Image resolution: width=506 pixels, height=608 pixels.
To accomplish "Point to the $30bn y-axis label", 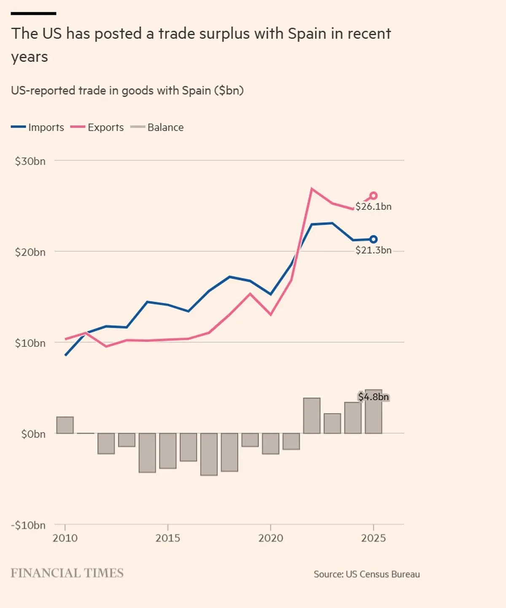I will (x=30, y=161).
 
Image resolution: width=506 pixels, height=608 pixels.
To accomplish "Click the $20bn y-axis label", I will (x=30, y=252).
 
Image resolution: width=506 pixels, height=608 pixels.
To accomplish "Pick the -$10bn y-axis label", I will (x=28, y=525).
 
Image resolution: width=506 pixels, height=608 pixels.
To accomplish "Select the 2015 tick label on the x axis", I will (x=168, y=538).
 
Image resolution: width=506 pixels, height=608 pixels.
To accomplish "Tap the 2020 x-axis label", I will (x=271, y=538).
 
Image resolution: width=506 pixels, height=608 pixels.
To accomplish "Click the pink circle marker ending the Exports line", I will (x=373, y=196).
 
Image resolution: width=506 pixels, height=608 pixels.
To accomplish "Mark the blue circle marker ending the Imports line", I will (x=373, y=239).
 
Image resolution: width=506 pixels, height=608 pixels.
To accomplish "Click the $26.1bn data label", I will (x=373, y=207).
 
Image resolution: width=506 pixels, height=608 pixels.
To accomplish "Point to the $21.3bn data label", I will (x=373, y=250).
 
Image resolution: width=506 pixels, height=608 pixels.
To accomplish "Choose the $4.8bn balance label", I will (x=373, y=397).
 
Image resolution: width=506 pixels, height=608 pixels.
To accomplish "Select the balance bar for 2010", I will (x=65, y=425).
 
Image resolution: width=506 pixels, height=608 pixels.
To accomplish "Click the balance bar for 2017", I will (x=209, y=454).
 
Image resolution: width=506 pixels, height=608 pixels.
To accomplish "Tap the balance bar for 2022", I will (x=312, y=416).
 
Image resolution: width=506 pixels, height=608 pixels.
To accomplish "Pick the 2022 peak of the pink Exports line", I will (x=312, y=189).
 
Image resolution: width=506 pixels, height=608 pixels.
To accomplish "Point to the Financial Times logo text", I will (x=67, y=573).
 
